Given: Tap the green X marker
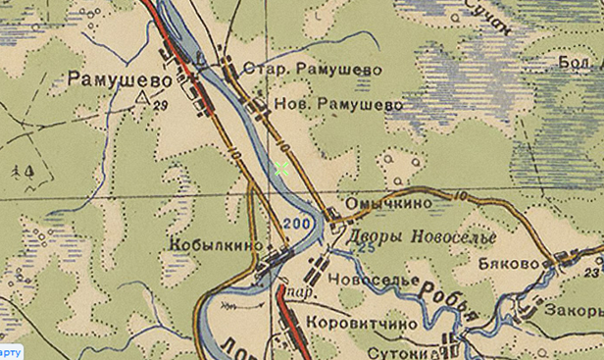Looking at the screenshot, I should (282, 169).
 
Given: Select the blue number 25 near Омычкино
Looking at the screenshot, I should (367, 247).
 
